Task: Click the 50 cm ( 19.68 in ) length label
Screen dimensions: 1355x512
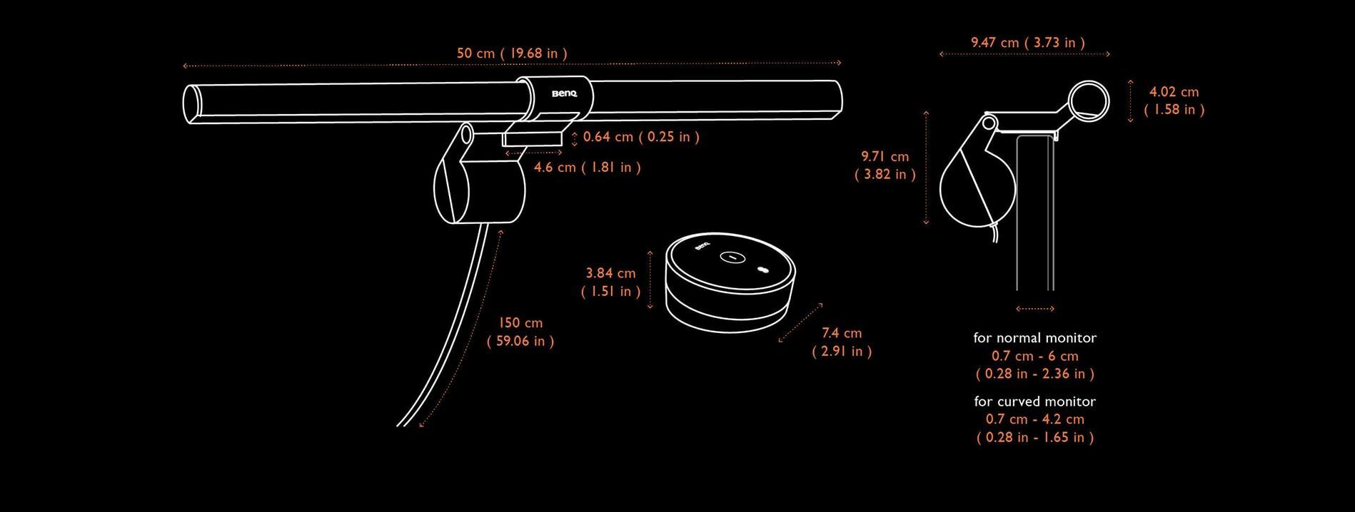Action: (x=512, y=53)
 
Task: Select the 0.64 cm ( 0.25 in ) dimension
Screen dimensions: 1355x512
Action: (x=641, y=137)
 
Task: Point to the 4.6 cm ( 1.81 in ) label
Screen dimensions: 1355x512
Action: (x=588, y=168)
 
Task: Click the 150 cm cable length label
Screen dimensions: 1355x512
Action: (x=520, y=332)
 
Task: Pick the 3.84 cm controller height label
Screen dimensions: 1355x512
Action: (x=610, y=282)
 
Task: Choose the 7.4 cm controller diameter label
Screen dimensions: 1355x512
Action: (x=842, y=342)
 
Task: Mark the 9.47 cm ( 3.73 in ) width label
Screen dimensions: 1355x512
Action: (x=1027, y=43)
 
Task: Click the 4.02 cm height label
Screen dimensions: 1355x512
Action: (x=1174, y=101)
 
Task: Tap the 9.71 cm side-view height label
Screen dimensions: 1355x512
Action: (x=885, y=165)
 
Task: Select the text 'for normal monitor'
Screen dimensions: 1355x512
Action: (x=1034, y=338)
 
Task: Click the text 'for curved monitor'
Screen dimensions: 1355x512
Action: (x=1034, y=401)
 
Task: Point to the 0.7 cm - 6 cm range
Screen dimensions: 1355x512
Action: (x=1035, y=356)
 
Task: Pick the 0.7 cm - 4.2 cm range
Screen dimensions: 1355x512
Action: (x=1035, y=419)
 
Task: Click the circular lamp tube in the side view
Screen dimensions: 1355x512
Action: (x=1089, y=82)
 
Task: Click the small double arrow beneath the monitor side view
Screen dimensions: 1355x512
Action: (x=1034, y=309)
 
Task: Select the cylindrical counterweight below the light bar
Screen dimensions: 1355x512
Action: (x=479, y=190)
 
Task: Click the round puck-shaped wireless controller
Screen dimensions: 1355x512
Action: (x=730, y=283)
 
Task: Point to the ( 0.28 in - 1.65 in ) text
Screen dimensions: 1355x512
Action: (x=1035, y=437)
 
